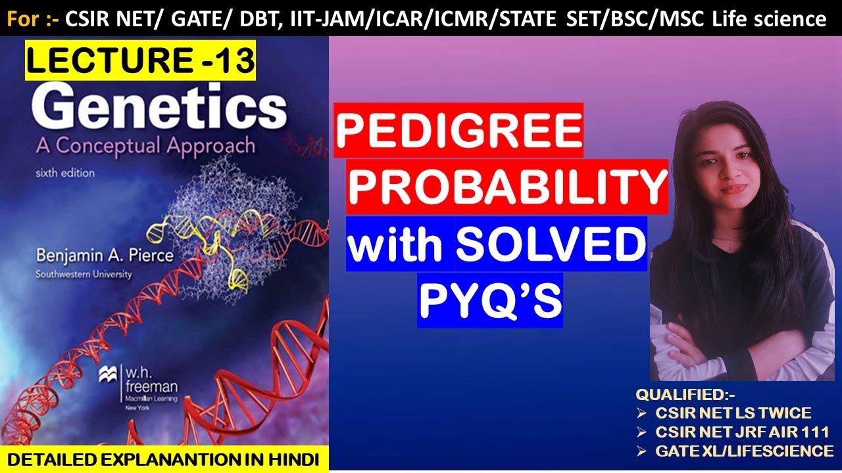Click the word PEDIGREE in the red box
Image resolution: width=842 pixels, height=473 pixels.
coord(458,130)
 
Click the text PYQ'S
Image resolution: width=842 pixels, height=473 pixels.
coord(490,300)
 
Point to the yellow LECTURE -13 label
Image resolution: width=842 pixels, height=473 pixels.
coord(140,60)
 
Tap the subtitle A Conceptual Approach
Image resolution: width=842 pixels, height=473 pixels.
coord(145,145)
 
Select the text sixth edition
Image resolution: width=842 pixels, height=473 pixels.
coord(65,173)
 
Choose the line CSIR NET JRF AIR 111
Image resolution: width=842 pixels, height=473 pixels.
coord(741,432)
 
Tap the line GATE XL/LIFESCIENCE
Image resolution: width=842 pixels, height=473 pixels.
coord(744,451)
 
